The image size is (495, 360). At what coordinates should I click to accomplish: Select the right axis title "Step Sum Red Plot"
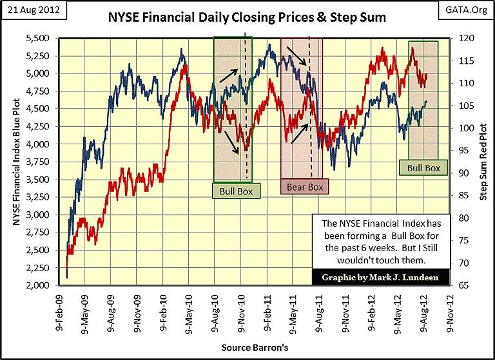(484, 162)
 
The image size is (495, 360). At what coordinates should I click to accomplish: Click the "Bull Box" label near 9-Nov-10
(237, 191)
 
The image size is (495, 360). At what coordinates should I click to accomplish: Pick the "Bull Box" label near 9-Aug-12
(423, 168)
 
